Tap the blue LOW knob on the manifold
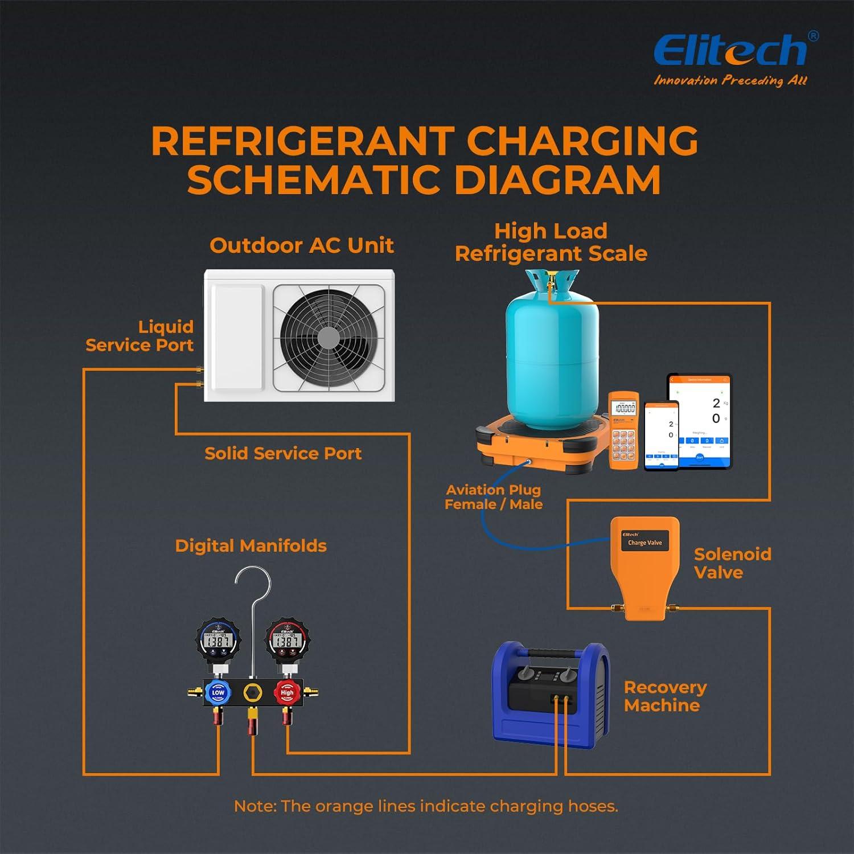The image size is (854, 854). (x=218, y=692)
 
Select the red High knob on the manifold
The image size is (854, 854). (x=286, y=692)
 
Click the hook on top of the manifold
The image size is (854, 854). (x=253, y=586)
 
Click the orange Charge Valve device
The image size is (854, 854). (x=645, y=564)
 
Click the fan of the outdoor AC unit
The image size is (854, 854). (x=329, y=338)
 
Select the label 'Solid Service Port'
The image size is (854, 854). (x=283, y=453)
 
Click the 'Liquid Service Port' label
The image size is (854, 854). (x=139, y=336)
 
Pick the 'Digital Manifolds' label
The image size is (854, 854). (x=251, y=545)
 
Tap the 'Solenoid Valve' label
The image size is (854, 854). (x=732, y=563)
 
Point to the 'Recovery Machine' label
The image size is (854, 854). (x=665, y=696)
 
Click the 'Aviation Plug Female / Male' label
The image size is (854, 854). (x=493, y=496)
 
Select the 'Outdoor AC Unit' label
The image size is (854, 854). (x=301, y=245)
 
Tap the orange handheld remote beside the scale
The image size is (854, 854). (x=623, y=430)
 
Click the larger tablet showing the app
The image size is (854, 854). (x=699, y=421)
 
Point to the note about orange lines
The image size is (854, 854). (x=426, y=806)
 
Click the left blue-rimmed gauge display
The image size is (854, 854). (x=219, y=640)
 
